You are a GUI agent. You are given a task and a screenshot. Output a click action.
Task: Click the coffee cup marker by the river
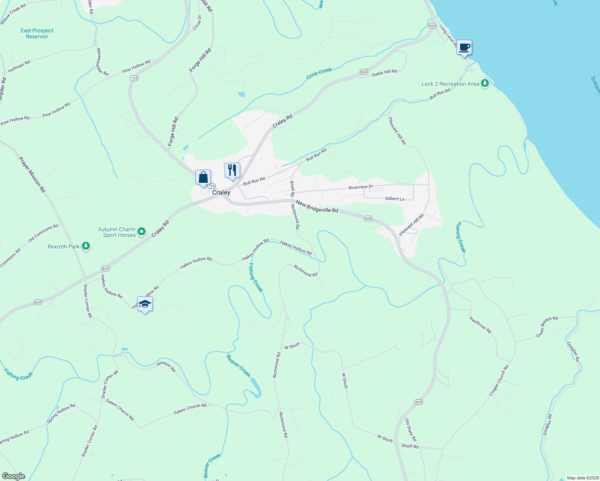coord(464,48)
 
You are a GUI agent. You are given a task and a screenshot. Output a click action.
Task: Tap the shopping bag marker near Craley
coord(203,177)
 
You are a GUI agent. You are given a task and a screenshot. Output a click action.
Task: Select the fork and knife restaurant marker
coord(232,170)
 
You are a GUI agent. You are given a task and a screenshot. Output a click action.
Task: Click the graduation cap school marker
coord(145,304)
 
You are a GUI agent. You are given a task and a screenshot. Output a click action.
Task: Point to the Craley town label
coord(221,192)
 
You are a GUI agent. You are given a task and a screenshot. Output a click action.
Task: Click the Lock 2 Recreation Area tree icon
coord(485,84)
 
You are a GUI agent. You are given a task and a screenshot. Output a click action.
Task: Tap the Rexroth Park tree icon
coord(85,246)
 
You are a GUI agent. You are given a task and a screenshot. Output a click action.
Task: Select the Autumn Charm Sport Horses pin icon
coord(141,232)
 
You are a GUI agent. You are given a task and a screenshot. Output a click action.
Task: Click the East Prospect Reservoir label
coord(37,33)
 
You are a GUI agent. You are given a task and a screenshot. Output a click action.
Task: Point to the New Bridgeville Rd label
coord(317,207)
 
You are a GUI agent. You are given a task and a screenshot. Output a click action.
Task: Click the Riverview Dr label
coord(361,187)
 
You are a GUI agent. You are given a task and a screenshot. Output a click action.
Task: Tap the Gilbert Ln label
coord(395,198)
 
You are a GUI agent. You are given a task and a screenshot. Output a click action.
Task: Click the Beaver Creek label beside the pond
coord(238,366)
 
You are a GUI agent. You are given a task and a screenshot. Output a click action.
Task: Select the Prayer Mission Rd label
coord(32,174)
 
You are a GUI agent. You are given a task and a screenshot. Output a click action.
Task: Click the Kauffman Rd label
coord(480,325)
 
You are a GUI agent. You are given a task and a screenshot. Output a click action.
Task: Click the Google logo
coord(14,476)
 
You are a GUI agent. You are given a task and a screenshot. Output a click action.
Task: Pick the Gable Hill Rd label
coord(384,73)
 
